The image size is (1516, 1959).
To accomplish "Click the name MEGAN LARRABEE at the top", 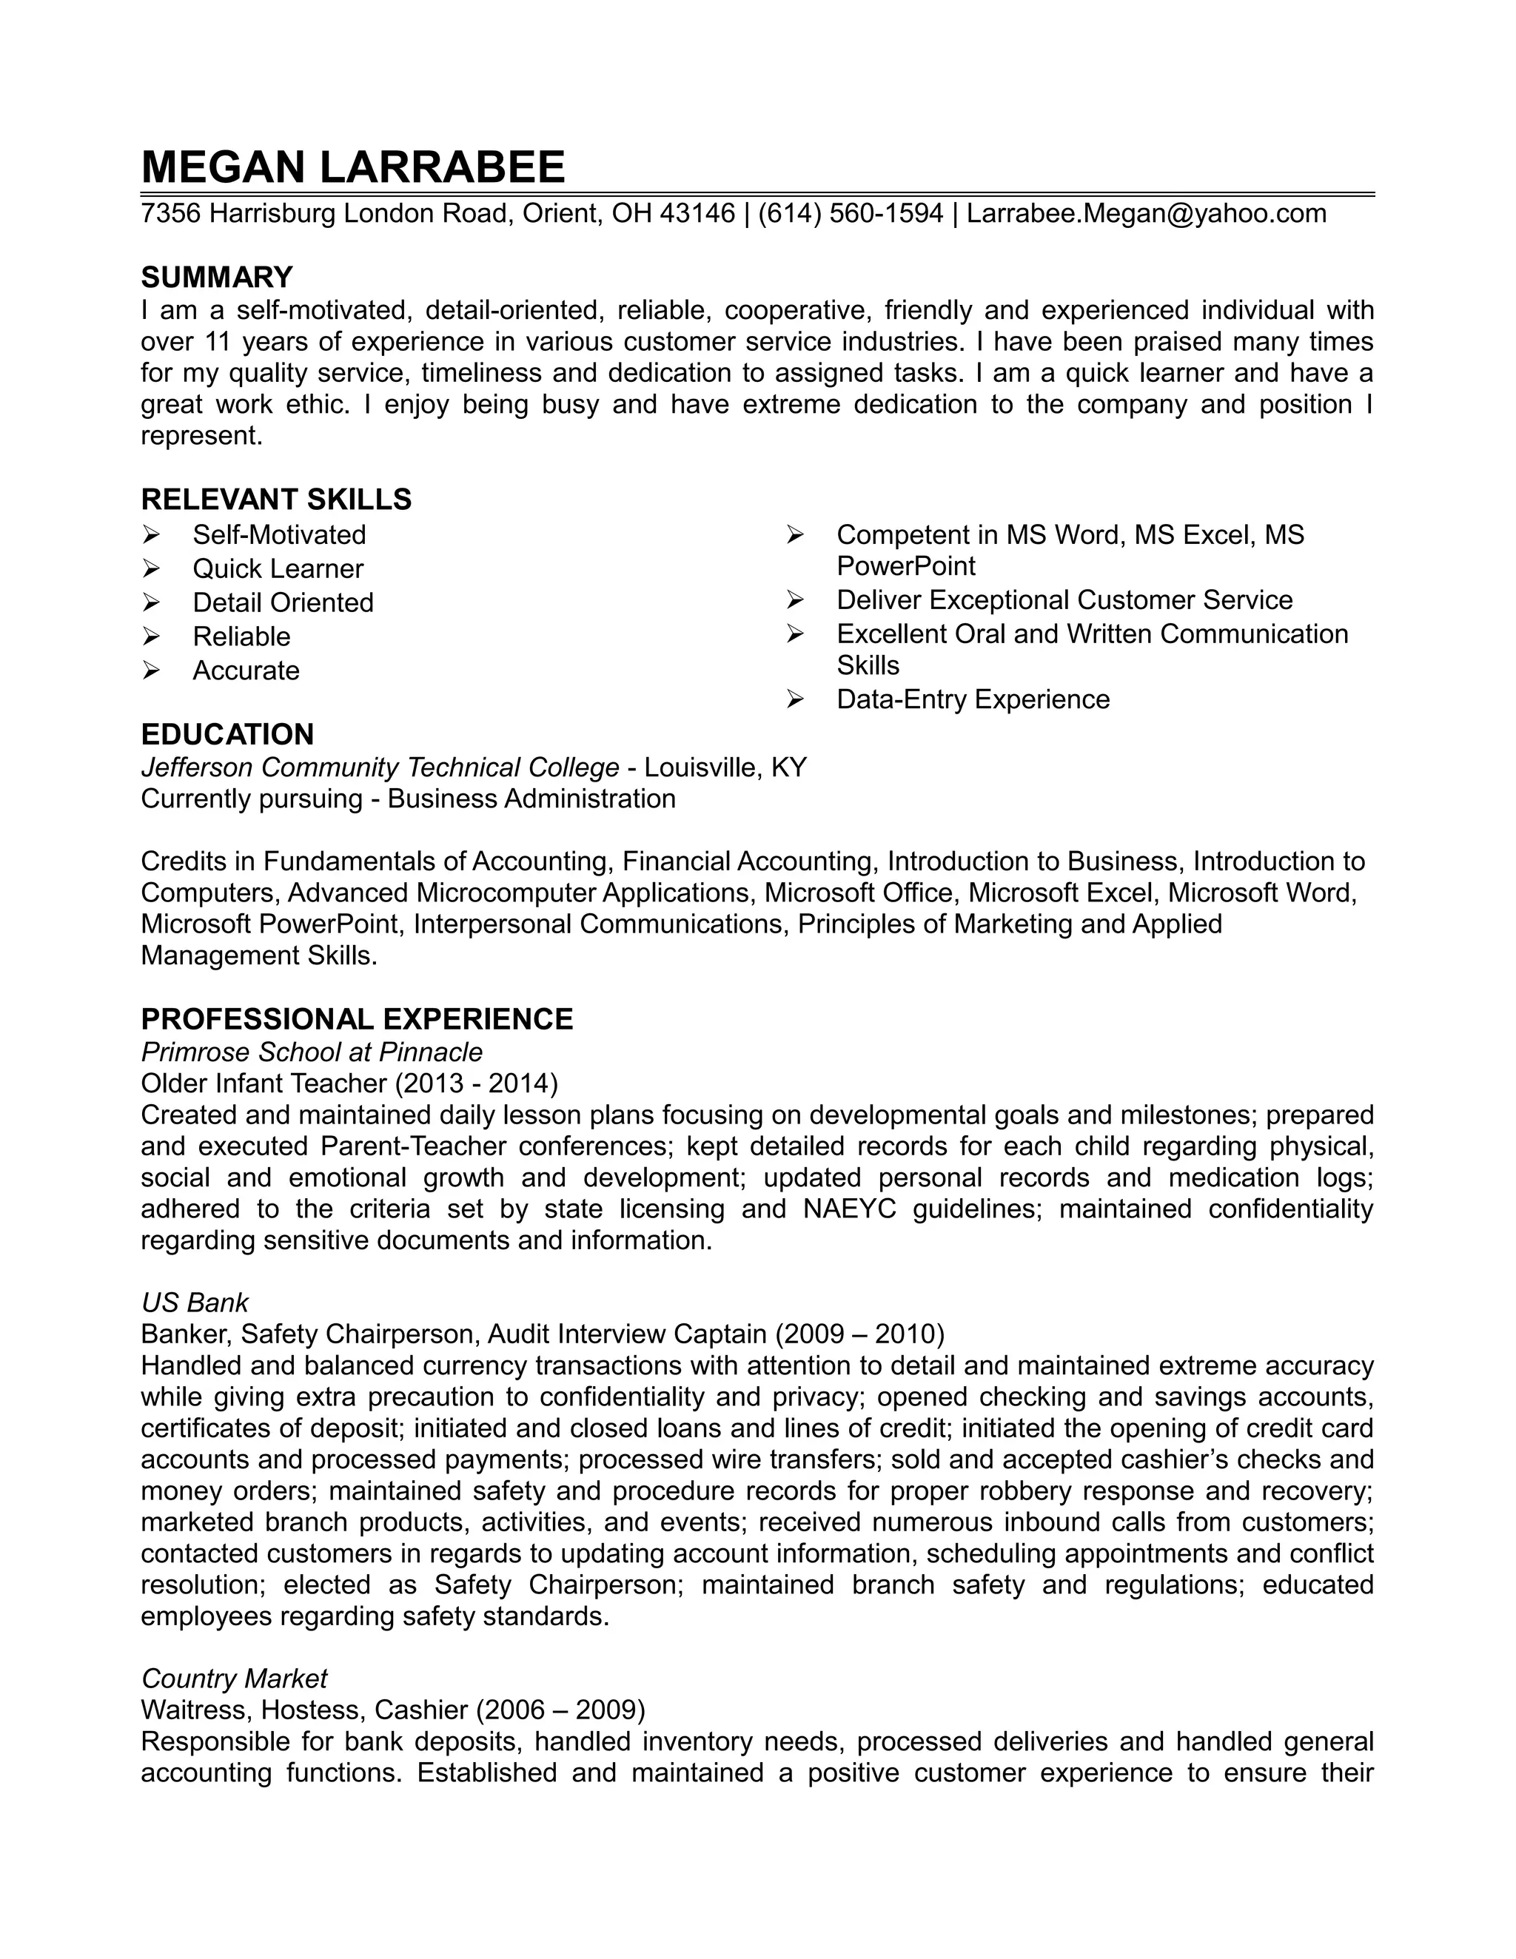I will click(x=352, y=167).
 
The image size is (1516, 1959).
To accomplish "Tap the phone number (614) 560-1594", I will click(x=851, y=213).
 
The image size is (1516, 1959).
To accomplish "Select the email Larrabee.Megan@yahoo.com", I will click(x=1146, y=213).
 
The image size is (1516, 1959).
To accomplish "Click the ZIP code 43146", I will click(x=697, y=213).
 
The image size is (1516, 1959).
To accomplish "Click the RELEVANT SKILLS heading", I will click(x=276, y=499).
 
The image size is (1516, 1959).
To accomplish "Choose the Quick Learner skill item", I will click(x=278, y=568).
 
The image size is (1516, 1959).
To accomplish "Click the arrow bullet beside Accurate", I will click(x=151, y=670).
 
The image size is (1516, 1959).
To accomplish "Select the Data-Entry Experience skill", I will click(x=973, y=699).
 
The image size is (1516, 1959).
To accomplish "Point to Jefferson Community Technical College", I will click(x=380, y=767).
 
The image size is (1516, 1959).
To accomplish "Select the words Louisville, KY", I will click(x=725, y=767).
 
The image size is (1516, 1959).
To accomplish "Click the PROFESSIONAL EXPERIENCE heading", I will click(x=357, y=1019).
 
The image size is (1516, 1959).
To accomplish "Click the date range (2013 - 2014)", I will click(x=476, y=1083).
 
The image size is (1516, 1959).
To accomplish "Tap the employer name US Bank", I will click(x=195, y=1303).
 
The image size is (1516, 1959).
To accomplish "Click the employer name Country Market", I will click(x=234, y=1679).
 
